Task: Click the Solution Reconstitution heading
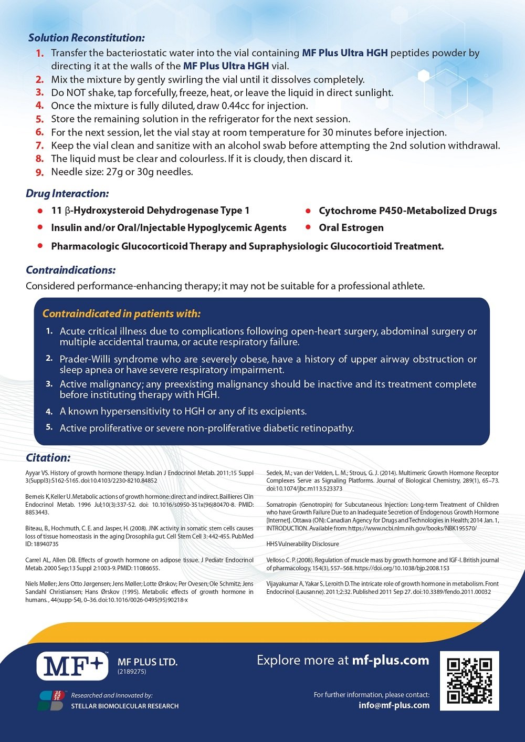(86, 38)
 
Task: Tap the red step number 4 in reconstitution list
(40, 106)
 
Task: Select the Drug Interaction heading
(67, 193)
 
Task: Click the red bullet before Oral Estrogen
(308, 227)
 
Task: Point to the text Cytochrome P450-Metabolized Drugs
(407, 211)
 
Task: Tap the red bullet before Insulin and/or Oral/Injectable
(40, 227)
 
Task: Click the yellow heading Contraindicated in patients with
(121, 313)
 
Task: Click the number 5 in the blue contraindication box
(49, 427)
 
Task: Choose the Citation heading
(48, 457)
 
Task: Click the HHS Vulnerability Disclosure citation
(302, 544)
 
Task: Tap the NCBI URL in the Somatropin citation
(412, 528)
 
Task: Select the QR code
(469, 681)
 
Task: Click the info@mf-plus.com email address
(394, 705)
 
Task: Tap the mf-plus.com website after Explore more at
(390, 660)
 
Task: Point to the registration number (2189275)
(132, 672)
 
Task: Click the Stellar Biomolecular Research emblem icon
(52, 701)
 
